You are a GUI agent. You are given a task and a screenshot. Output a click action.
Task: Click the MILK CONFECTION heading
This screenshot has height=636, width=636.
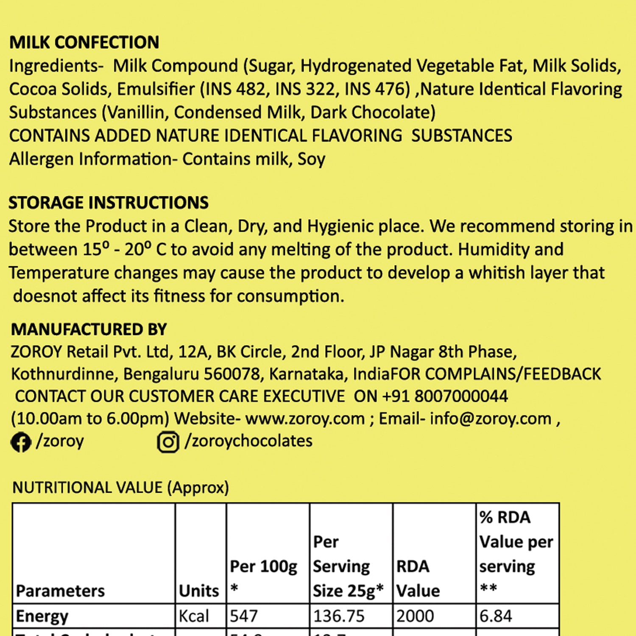point(84,42)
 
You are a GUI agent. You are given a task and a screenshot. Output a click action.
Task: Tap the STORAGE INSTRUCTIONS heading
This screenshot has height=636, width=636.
point(109,203)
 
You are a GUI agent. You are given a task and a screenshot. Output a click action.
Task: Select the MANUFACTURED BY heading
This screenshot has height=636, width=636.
point(89,329)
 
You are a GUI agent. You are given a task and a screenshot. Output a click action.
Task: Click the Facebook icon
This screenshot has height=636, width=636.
point(21,442)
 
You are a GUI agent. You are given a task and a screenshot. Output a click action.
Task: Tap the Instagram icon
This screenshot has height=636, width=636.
point(168,442)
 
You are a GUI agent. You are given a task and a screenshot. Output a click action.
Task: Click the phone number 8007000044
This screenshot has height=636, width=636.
point(461,396)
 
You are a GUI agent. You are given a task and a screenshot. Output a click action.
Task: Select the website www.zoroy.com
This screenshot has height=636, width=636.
point(305,418)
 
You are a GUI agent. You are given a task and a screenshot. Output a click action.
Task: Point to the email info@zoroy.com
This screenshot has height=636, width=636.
point(491,418)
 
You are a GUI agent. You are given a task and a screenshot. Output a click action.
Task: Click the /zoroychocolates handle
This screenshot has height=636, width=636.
point(248,441)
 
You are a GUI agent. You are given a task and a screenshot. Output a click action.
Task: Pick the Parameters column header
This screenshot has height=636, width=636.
point(60,591)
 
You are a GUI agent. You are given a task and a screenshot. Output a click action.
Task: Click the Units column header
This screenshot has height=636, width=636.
point(199,591)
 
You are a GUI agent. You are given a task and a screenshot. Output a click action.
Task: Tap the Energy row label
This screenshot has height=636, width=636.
point(42,616)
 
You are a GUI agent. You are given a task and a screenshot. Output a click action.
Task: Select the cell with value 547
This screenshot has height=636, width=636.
point(243,616)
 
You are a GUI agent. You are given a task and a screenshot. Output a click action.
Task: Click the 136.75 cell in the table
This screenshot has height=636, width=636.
point(338,616)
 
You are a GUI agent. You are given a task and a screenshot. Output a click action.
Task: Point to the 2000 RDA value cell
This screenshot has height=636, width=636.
point(415,616)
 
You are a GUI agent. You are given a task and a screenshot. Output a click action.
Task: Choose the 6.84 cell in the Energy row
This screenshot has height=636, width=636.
point(495,616)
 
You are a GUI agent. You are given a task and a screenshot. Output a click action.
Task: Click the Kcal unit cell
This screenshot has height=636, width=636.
point(194,616)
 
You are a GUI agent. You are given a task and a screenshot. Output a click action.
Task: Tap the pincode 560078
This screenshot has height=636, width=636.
point(232,374)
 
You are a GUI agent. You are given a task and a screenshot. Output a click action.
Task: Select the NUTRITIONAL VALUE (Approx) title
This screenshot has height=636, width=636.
point(120,488)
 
